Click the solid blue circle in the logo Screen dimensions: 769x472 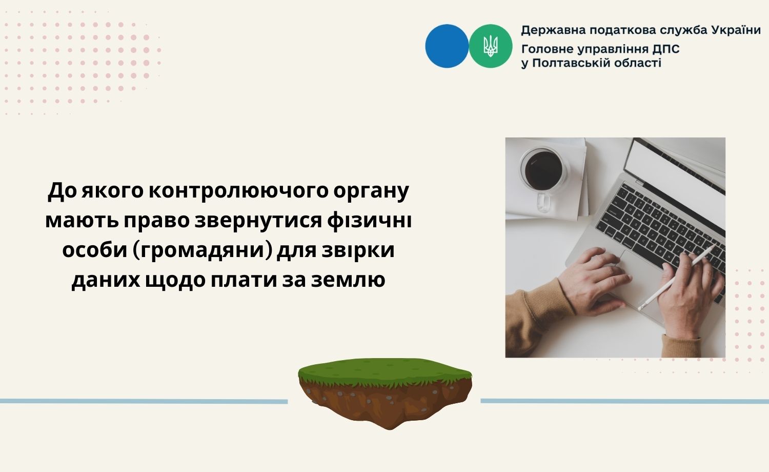(447, 46)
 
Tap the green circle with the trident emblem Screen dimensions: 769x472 (491, 46)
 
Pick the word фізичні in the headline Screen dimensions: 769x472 (369, 220)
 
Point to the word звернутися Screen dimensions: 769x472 (258, 220)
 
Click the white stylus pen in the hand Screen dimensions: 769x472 (676, 278)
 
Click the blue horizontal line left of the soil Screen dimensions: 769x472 (144, 401)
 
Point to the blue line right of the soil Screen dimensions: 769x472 (624, 401)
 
